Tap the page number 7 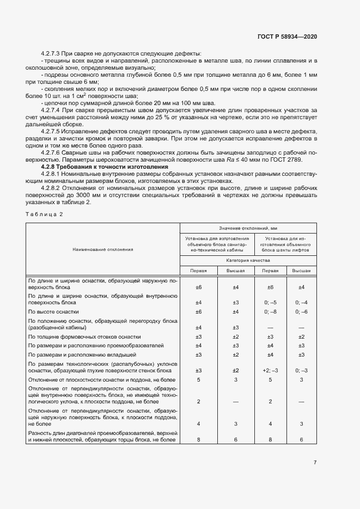click(315, 463)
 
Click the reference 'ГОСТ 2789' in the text click(296, 160)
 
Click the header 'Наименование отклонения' click(103, 249)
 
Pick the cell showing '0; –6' click(301, 311)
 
